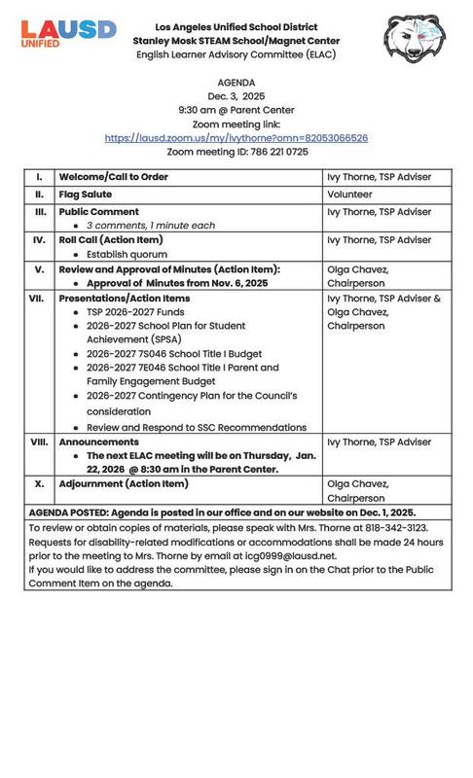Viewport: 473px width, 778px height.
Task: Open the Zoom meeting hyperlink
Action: click(236, 138)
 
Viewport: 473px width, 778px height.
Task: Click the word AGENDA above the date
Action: click(236, 84)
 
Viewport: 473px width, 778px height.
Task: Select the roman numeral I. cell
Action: click(39, 177)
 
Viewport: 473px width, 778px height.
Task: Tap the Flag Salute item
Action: click(85, 194)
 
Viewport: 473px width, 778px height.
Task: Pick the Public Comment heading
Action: click(99, 211)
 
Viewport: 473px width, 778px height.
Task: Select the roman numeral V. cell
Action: click(39, 269)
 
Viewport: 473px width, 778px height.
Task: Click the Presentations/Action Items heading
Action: click(125, 298)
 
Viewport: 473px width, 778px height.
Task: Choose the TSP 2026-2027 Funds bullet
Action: click(135, 311)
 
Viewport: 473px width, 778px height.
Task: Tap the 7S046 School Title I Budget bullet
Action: click(174, 354)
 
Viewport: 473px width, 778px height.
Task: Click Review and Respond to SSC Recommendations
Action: click(197, 427)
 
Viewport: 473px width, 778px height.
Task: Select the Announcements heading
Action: click(99, 442)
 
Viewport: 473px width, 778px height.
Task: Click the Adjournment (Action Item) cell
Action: click(124, 483)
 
